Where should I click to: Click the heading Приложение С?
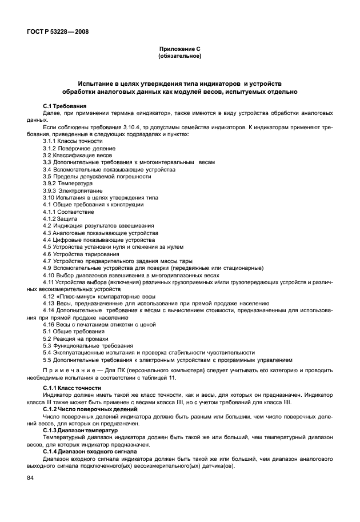[179, 49]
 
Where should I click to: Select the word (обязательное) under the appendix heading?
[179, 56]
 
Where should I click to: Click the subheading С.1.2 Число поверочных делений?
[90, 409]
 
